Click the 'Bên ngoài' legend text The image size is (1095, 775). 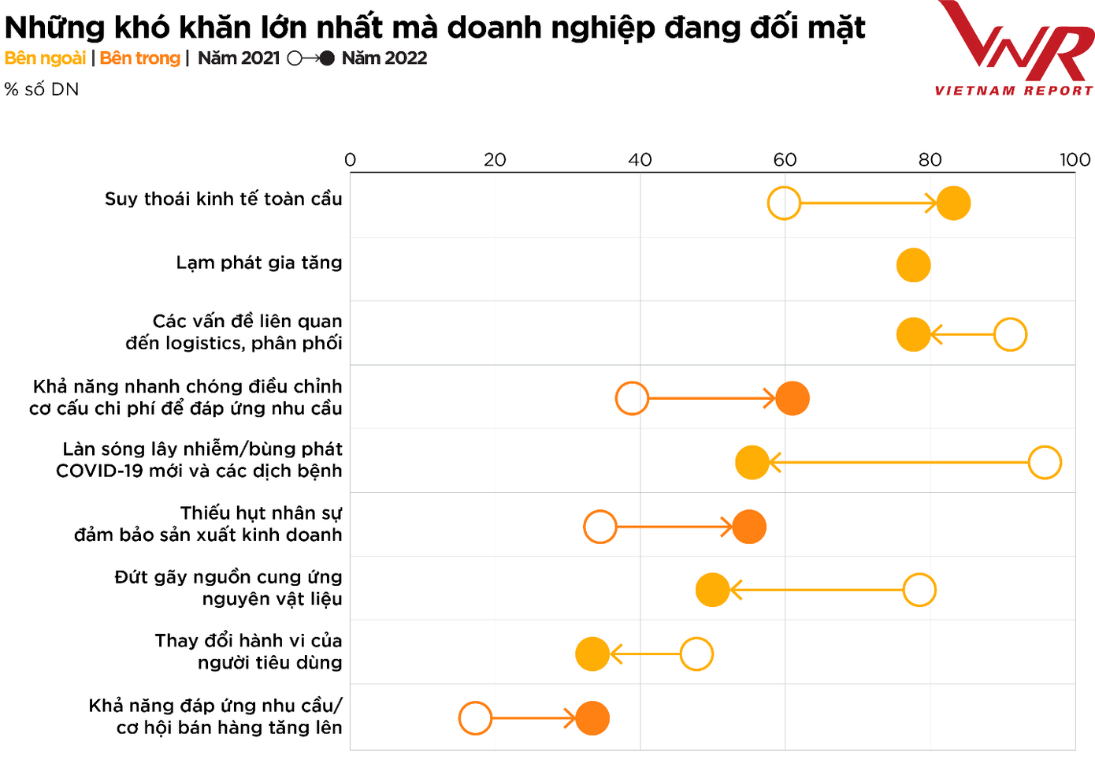point(45,58)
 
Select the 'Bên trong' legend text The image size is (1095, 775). point(140,58)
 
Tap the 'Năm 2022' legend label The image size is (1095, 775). point(384,58)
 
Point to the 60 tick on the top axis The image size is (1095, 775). point(785,160)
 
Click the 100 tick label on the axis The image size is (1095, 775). point(1075,160)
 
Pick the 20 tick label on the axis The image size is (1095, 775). point(495,160)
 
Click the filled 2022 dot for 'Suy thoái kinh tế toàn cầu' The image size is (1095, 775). point(953,203)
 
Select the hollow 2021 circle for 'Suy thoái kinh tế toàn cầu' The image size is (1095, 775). point(784,203)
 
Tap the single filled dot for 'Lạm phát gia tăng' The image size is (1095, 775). point(913,266)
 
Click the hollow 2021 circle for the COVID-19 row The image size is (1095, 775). point(1045,462)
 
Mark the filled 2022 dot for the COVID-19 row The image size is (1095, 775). point(752,462)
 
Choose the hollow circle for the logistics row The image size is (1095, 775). point(1010,334)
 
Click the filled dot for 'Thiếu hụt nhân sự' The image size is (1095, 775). point(748,527)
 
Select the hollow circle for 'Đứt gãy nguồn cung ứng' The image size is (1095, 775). point(919,590)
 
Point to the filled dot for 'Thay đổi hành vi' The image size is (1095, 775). point(592,654)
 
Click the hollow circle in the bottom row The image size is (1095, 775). point(475,718)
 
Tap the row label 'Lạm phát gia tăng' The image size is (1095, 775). point(258,263)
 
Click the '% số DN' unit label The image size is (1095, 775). point(42,90)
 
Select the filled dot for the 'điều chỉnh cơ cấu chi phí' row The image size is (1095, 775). point(792,398)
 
